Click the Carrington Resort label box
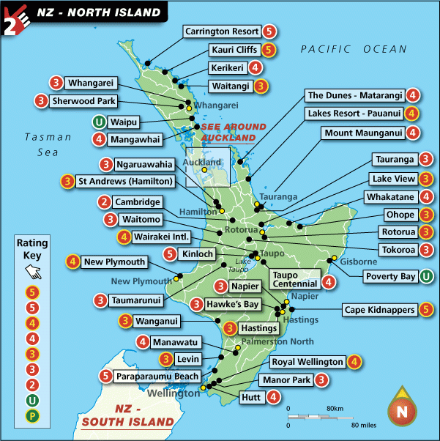tap(222, 31)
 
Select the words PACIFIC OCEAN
tap(353, 49)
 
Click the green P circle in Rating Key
tap(32, 415)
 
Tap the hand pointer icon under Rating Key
tap(33, 272)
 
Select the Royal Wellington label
tap(307, 362)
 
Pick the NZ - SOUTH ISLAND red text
tap(127, 415)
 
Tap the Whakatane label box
tap(392, 197)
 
